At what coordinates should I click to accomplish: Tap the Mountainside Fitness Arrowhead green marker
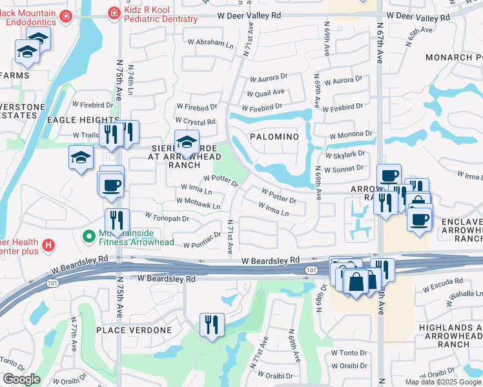pyautogui.click(x=90, y=237)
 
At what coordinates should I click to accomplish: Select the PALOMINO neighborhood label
pyautogui.click(x=274, y=137)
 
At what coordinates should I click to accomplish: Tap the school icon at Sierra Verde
pyautogui.click(x=187, y=143)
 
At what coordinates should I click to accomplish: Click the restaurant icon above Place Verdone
pyautogui.click(x=211, y=324)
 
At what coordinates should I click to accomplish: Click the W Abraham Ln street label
pyautogui.click(x=210, y=45)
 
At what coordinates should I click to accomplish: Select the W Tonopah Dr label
pyautogui.click(x=167, y=218)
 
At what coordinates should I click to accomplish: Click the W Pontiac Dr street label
pyautogui.click(x=202, y=245)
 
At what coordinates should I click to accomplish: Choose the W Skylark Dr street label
pyautogui.click(x=345, y=155)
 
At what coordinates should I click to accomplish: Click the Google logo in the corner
pyautogui.click(x=21, y=379)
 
